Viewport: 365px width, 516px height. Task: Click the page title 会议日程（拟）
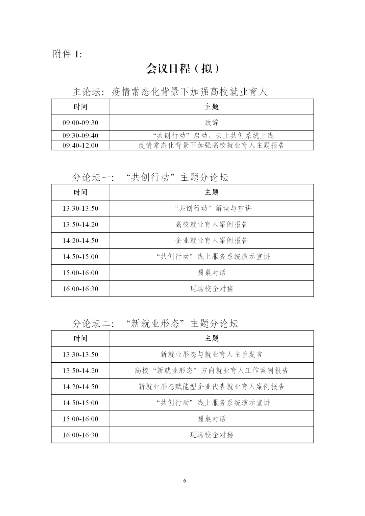(183, 69)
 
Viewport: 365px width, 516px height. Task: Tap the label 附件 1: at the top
(67, 54)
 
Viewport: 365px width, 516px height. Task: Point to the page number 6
(185, 481)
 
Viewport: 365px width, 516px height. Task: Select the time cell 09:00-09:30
(80, 123)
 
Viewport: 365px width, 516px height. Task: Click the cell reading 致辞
(212, 123)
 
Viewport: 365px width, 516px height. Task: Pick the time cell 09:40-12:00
(80, 146)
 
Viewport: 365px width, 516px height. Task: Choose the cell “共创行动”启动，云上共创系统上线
(212, 135)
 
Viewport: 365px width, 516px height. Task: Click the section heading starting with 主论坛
(170, 92)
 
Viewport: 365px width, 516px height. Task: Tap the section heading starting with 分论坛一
(150, 177)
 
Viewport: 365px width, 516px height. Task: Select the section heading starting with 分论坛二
(155, 324)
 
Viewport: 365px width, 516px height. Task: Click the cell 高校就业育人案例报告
(212, 224)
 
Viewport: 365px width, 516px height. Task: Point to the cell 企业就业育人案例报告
(212, 240)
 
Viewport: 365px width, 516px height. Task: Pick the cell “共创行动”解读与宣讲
(212, 208)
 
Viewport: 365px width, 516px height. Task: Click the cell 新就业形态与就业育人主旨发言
(212, 355)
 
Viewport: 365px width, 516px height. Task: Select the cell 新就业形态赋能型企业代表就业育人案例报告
(212, 387)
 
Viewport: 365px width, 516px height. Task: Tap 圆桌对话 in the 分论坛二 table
(212, 419)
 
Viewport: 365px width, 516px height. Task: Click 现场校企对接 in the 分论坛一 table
(212, 289)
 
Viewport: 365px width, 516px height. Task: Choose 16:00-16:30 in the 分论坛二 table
(80, 435)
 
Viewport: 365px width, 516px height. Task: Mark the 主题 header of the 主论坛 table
(212, 107)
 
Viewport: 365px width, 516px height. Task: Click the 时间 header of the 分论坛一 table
(80, 192)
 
